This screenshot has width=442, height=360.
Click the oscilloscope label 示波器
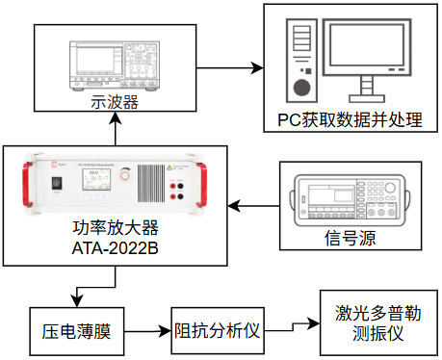[x=115, y=102]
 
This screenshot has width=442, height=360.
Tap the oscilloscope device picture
[x=115, y=65]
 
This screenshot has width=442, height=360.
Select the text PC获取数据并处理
[x=350, y=120]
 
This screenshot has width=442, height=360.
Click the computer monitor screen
[x=367, y=44]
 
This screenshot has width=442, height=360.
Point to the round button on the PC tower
[x=302, y=88]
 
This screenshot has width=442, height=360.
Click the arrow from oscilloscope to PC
[x=230, y=68]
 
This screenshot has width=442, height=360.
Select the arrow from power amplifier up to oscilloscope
[x=116, y=129]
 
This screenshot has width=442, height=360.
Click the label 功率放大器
[x=116, y=228]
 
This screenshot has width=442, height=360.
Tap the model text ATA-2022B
[x=116, y=248]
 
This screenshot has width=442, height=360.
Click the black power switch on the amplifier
[x=57, y=183]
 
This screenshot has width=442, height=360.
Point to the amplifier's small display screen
[x=96, y=180]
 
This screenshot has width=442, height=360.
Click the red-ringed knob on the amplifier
[x=124, y=175]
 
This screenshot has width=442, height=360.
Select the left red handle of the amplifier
[x=27, y=184]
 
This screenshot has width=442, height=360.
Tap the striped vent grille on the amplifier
[x=151, y=183]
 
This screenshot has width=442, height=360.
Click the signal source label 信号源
[x=351, y=238]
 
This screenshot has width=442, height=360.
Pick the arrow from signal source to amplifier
[x=253, y=206]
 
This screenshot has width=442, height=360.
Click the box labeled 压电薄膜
[x=77, y=331]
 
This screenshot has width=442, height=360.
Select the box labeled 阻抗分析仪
[x=218, y=331]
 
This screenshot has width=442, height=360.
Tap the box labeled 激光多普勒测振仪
[x=378, y=322]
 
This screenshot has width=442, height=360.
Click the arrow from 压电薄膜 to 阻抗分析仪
[x=147, y=331]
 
